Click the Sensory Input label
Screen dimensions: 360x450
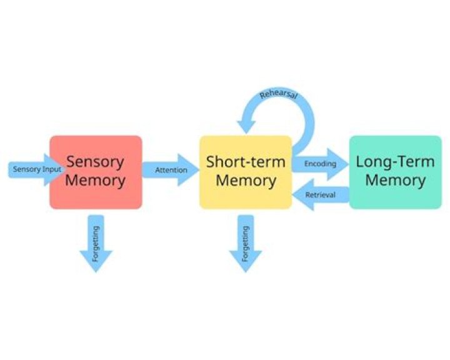[35, 169]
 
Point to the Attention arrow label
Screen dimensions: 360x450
[171, 170]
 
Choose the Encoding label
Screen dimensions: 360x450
[320, 164]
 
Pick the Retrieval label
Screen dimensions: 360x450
[321, 196]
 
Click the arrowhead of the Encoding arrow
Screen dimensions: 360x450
[339, 164]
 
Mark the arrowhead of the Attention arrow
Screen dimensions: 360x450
[190, 170]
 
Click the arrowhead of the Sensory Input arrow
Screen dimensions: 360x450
[55, 170]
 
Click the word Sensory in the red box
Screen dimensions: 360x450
[96, 161]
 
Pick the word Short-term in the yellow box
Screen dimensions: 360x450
[246, 162]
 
